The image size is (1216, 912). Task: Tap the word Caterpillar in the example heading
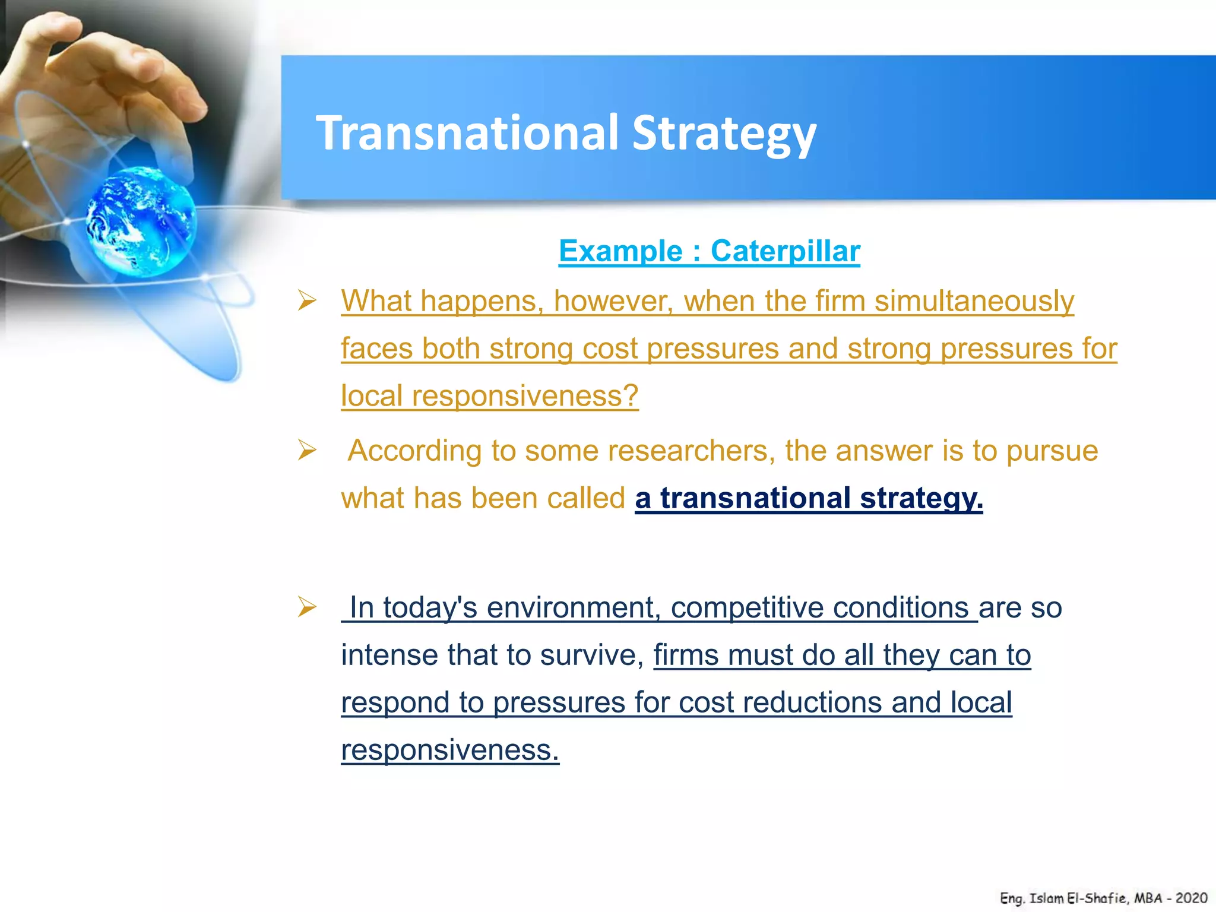[x=785, y=251]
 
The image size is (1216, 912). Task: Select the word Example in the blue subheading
[x=620, y=251]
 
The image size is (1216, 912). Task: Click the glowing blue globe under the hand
[x=141, y=221]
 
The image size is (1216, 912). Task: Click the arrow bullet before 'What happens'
[x=307, y=301]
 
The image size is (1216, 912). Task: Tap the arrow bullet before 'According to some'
[x=307, y=451]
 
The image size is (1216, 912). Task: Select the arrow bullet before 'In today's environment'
[x=307, y=607]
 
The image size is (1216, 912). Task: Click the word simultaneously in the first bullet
[x=974, y=301]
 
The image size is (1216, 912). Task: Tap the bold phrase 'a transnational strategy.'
[x=809, y=498]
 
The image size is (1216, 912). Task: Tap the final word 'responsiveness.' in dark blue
[x=449, y=750]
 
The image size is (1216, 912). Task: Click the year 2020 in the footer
[x=1191, y=898]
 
